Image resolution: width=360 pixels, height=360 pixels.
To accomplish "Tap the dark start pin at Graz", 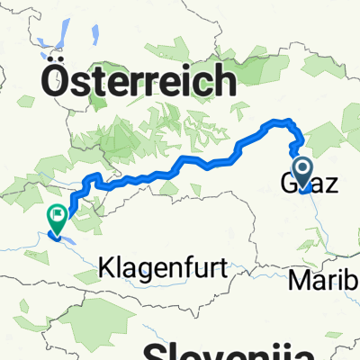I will click(x=301, y=169).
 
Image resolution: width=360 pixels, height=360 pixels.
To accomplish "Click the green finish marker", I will click(x=56, y=216).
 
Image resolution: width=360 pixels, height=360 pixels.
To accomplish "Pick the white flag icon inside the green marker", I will click(x=56, y=214).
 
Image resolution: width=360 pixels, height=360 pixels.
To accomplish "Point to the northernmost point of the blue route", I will click(x=283, y=121).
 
